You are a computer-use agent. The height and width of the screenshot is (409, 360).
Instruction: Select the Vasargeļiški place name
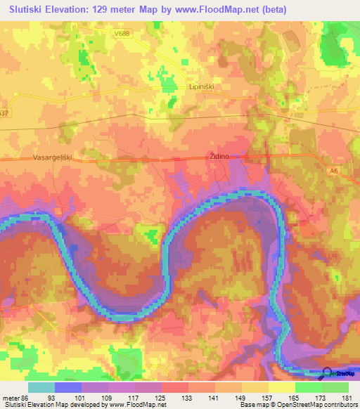point(53,159)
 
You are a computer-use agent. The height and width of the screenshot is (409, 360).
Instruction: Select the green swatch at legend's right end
point(335,387)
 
